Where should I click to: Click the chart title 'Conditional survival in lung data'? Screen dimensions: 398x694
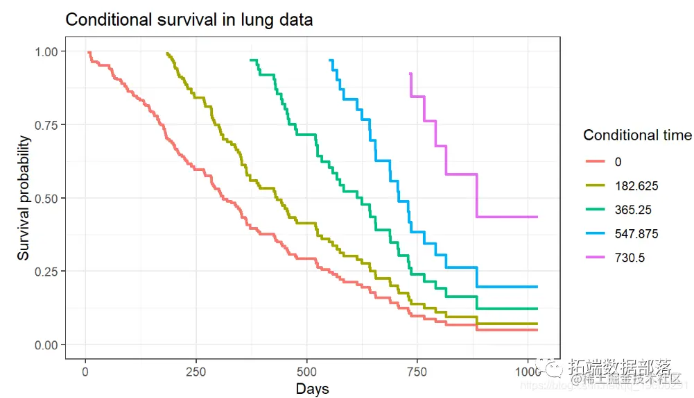coord(189,20)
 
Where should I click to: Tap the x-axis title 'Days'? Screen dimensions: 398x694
coord(312,388)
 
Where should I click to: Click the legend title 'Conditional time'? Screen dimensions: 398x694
coord(637,135)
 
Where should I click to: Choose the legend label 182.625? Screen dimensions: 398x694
coord(636,185)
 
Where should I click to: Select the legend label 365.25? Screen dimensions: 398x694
coord(632,210)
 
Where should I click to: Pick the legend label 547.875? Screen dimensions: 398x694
coord(636,234)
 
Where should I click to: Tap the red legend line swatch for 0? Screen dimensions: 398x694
coord(594,162)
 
